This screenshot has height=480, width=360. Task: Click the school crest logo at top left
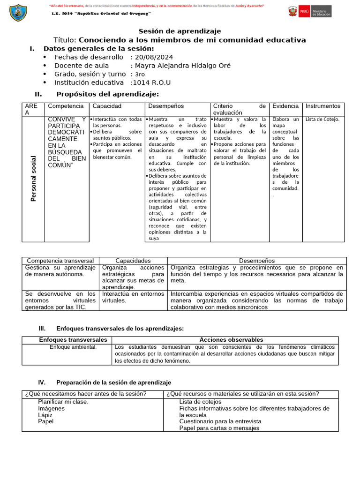click(x=18, y=12)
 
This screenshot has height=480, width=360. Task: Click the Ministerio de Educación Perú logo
click(x=309, y=11)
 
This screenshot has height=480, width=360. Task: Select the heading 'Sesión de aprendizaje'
click(x=180, y=31)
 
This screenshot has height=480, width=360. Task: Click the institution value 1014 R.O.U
click(x=151, y=82)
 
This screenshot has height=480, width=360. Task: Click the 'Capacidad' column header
click(x=107, y=106)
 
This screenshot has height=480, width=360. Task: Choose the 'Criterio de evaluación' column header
click(x=239, y=109)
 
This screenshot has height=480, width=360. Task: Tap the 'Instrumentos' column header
click(x=322, y=106)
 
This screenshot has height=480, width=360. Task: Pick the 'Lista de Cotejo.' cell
click(x=322, y=119)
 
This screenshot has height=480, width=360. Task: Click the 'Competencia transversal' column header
click(x=60, y=261)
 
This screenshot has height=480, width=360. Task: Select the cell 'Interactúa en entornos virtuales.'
click(x=133, y=297)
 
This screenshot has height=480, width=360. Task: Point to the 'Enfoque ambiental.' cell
click(x=73, y=347)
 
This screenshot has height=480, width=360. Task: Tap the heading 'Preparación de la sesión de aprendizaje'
click(x=113, y=382)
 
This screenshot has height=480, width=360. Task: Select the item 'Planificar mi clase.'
click(x=63, y=402)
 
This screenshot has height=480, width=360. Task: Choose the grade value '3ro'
click(x=140, y=74)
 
